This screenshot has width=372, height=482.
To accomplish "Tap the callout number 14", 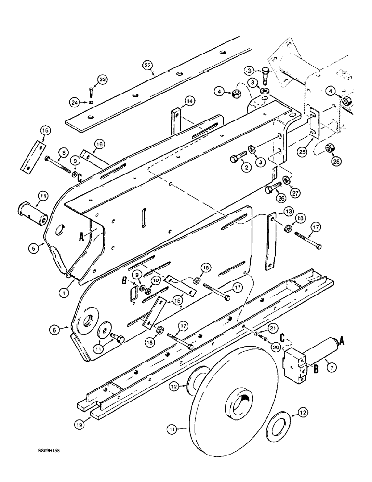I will click(x=188, y=101).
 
